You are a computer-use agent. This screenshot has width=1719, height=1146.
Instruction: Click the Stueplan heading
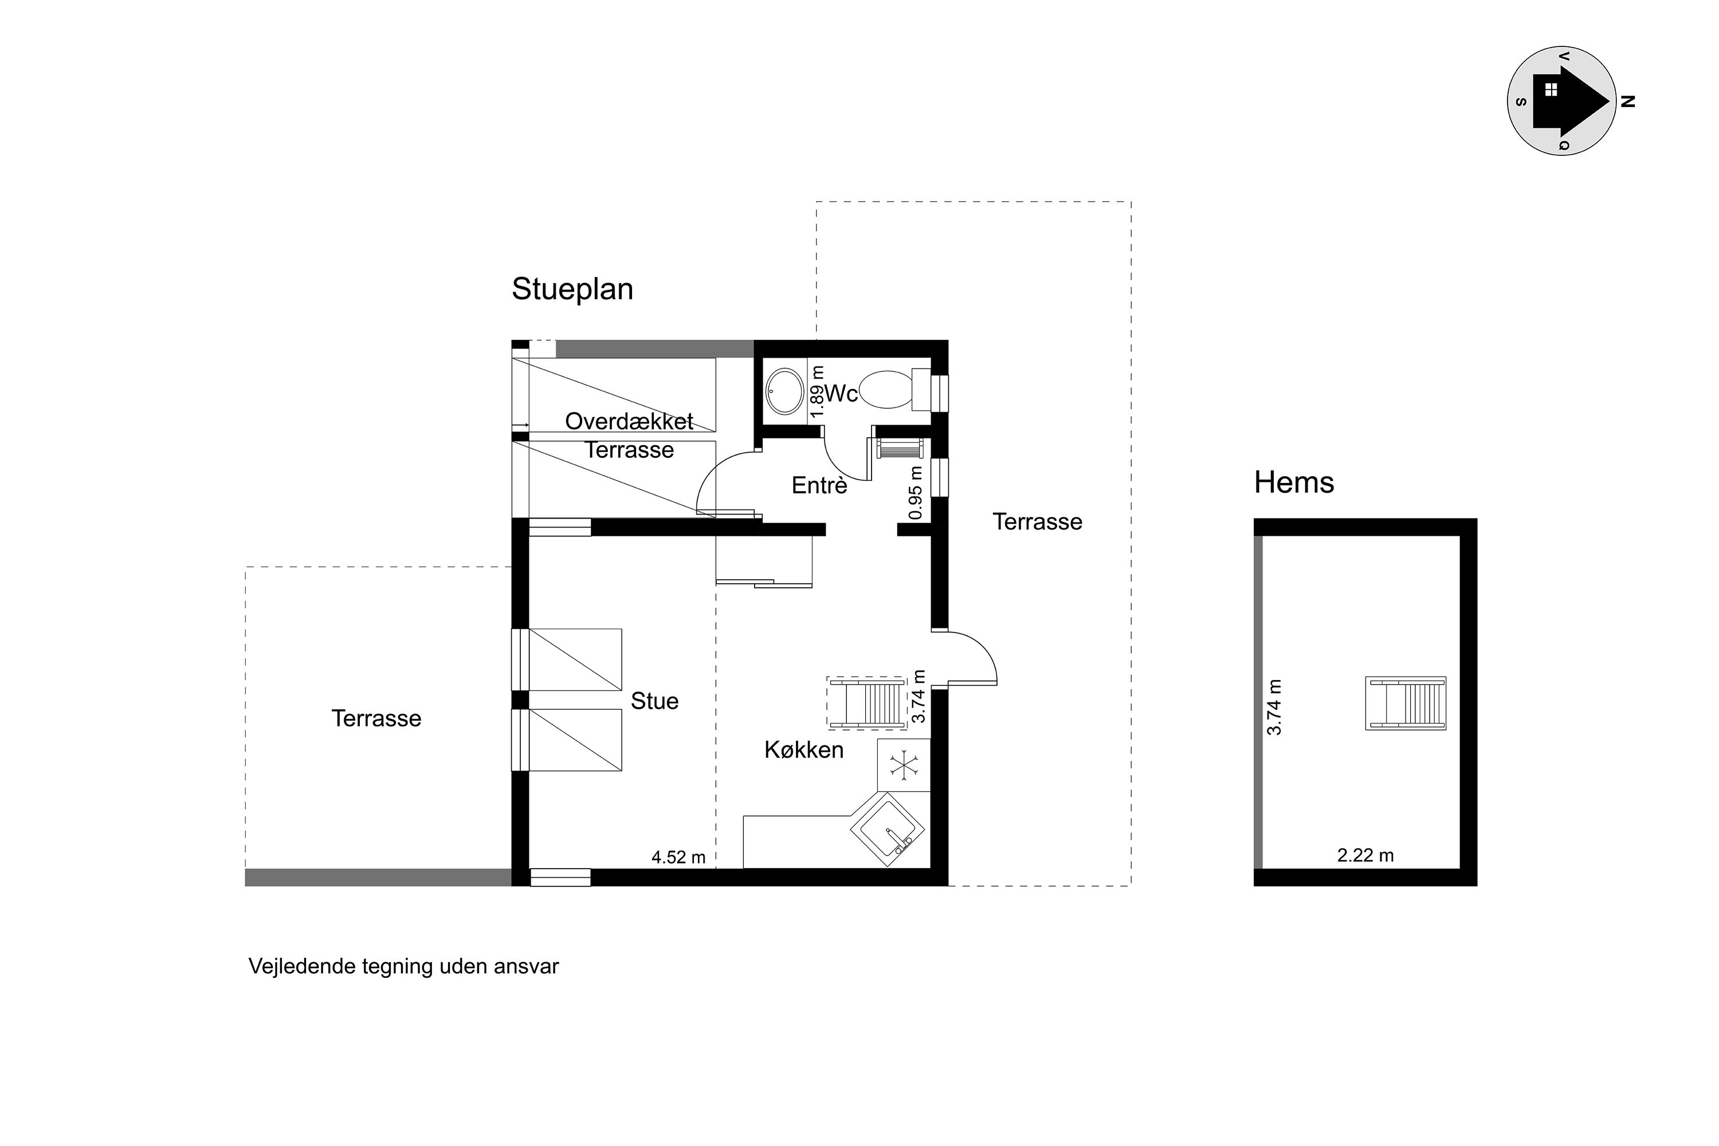pos(572,290)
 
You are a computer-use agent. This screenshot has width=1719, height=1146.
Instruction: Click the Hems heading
pos(1294,482)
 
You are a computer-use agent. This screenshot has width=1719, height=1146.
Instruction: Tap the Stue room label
pos(654,701)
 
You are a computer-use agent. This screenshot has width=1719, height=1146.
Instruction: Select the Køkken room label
pos(804,750)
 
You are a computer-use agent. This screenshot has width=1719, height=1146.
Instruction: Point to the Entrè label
pos(819,485)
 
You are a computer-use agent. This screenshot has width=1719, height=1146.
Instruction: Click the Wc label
pos(841,394)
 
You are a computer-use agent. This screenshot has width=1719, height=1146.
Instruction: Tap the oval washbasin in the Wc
pos(784,392)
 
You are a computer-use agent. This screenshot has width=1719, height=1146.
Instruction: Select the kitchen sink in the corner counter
pos(887,830)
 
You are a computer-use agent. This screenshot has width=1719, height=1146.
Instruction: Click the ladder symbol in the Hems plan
pos(1406,703)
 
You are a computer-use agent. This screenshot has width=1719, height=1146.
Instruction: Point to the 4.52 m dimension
pos(678,857)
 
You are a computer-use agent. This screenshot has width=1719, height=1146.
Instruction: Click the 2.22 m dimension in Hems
pos(1365,855)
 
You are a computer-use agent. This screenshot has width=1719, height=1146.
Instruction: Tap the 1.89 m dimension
pos(817,393)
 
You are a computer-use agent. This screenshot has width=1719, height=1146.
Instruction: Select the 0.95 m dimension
pos(915,493)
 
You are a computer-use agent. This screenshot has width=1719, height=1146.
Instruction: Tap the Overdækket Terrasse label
pos(629,435)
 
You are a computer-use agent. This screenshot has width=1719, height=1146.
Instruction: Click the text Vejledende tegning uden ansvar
pos(403,966)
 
